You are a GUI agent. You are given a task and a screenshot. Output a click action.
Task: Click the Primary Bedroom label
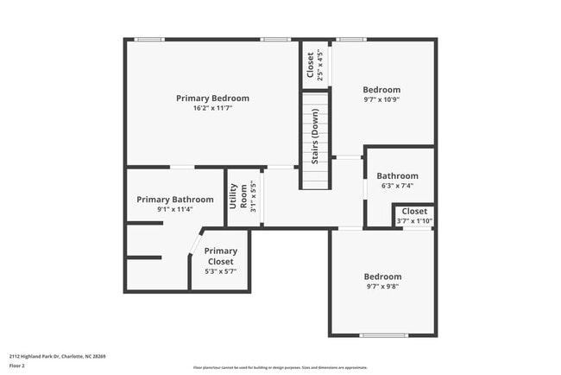(x=212, y=99)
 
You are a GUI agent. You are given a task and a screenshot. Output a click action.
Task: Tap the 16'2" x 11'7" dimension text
(x=212, y=109)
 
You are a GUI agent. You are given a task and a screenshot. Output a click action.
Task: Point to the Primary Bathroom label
(x=174, y=200)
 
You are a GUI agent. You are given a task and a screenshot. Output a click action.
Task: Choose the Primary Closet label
(x=220, y=257)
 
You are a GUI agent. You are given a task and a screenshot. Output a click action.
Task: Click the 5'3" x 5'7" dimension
(x=220, y=271)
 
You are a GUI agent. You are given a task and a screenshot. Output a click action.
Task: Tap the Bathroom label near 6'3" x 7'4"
(x=397, y=176)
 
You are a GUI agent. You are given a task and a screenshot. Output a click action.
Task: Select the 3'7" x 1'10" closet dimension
(x=414, y=221)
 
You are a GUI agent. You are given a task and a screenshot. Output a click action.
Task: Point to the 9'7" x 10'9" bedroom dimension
(x=381, y=99)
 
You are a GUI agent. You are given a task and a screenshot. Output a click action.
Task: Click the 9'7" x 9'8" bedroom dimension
(x=383, y=286)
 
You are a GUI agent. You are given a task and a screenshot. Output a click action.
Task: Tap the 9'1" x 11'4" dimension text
(x=174, y=209)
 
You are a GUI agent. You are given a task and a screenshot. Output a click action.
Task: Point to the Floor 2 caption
(x=18, y=365)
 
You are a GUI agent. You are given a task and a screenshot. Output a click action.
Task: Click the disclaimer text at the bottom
(x=280, y=366)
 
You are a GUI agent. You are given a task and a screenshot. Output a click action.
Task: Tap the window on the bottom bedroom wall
(x=383, y=335)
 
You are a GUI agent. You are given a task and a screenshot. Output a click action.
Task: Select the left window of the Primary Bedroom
(x=150, y=39)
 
